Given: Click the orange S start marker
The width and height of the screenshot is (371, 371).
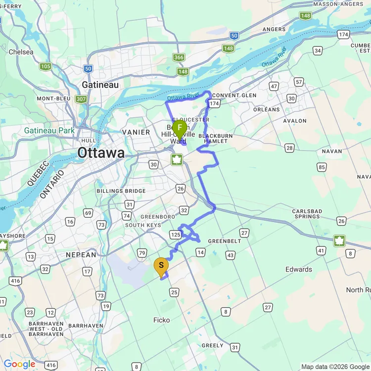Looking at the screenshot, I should [161, 266].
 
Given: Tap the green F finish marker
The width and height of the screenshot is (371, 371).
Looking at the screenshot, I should [179, 128].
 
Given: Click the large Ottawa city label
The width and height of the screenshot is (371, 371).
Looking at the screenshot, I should [100, 153].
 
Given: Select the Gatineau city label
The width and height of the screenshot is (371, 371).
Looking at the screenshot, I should [100, 85].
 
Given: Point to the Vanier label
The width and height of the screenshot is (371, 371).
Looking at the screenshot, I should [136, 132].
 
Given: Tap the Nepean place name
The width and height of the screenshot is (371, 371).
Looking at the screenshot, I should [81, 255].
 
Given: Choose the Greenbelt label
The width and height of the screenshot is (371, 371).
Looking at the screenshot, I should [224, 241].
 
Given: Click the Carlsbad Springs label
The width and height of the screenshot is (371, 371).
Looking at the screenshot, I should [307, 214].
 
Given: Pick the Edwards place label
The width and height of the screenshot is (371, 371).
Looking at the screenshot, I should [299, 269].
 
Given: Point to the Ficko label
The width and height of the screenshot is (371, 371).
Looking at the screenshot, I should [161, 320].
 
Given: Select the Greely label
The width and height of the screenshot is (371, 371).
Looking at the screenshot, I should [213, 346].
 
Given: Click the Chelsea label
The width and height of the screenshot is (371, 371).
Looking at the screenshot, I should [21, 52].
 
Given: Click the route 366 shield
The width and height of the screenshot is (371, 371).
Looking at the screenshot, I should [179, 57].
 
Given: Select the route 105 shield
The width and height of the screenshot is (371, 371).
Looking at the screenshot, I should [46, 66].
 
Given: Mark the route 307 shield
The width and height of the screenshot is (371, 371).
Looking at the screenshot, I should [81, 99].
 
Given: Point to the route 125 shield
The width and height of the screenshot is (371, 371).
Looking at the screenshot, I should [175, 234].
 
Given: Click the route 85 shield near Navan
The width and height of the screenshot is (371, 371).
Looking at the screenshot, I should [322, 167].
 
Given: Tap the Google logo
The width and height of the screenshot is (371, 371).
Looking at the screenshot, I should [20, 365].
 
